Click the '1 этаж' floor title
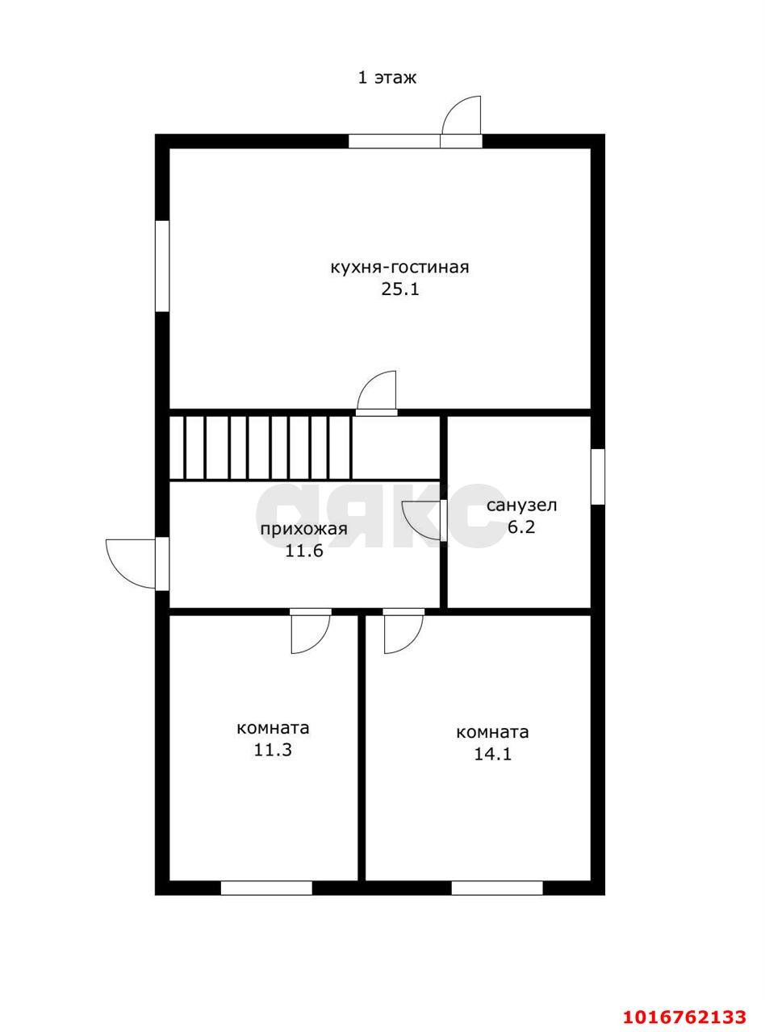point(387,77)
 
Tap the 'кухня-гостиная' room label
point(399,268)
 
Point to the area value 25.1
point(400,289)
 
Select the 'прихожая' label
point(303,530)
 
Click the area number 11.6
point(304,551)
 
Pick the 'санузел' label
point(522,506)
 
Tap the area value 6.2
point(521,527)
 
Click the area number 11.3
point(273,750)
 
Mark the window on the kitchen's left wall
point(162,266)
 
